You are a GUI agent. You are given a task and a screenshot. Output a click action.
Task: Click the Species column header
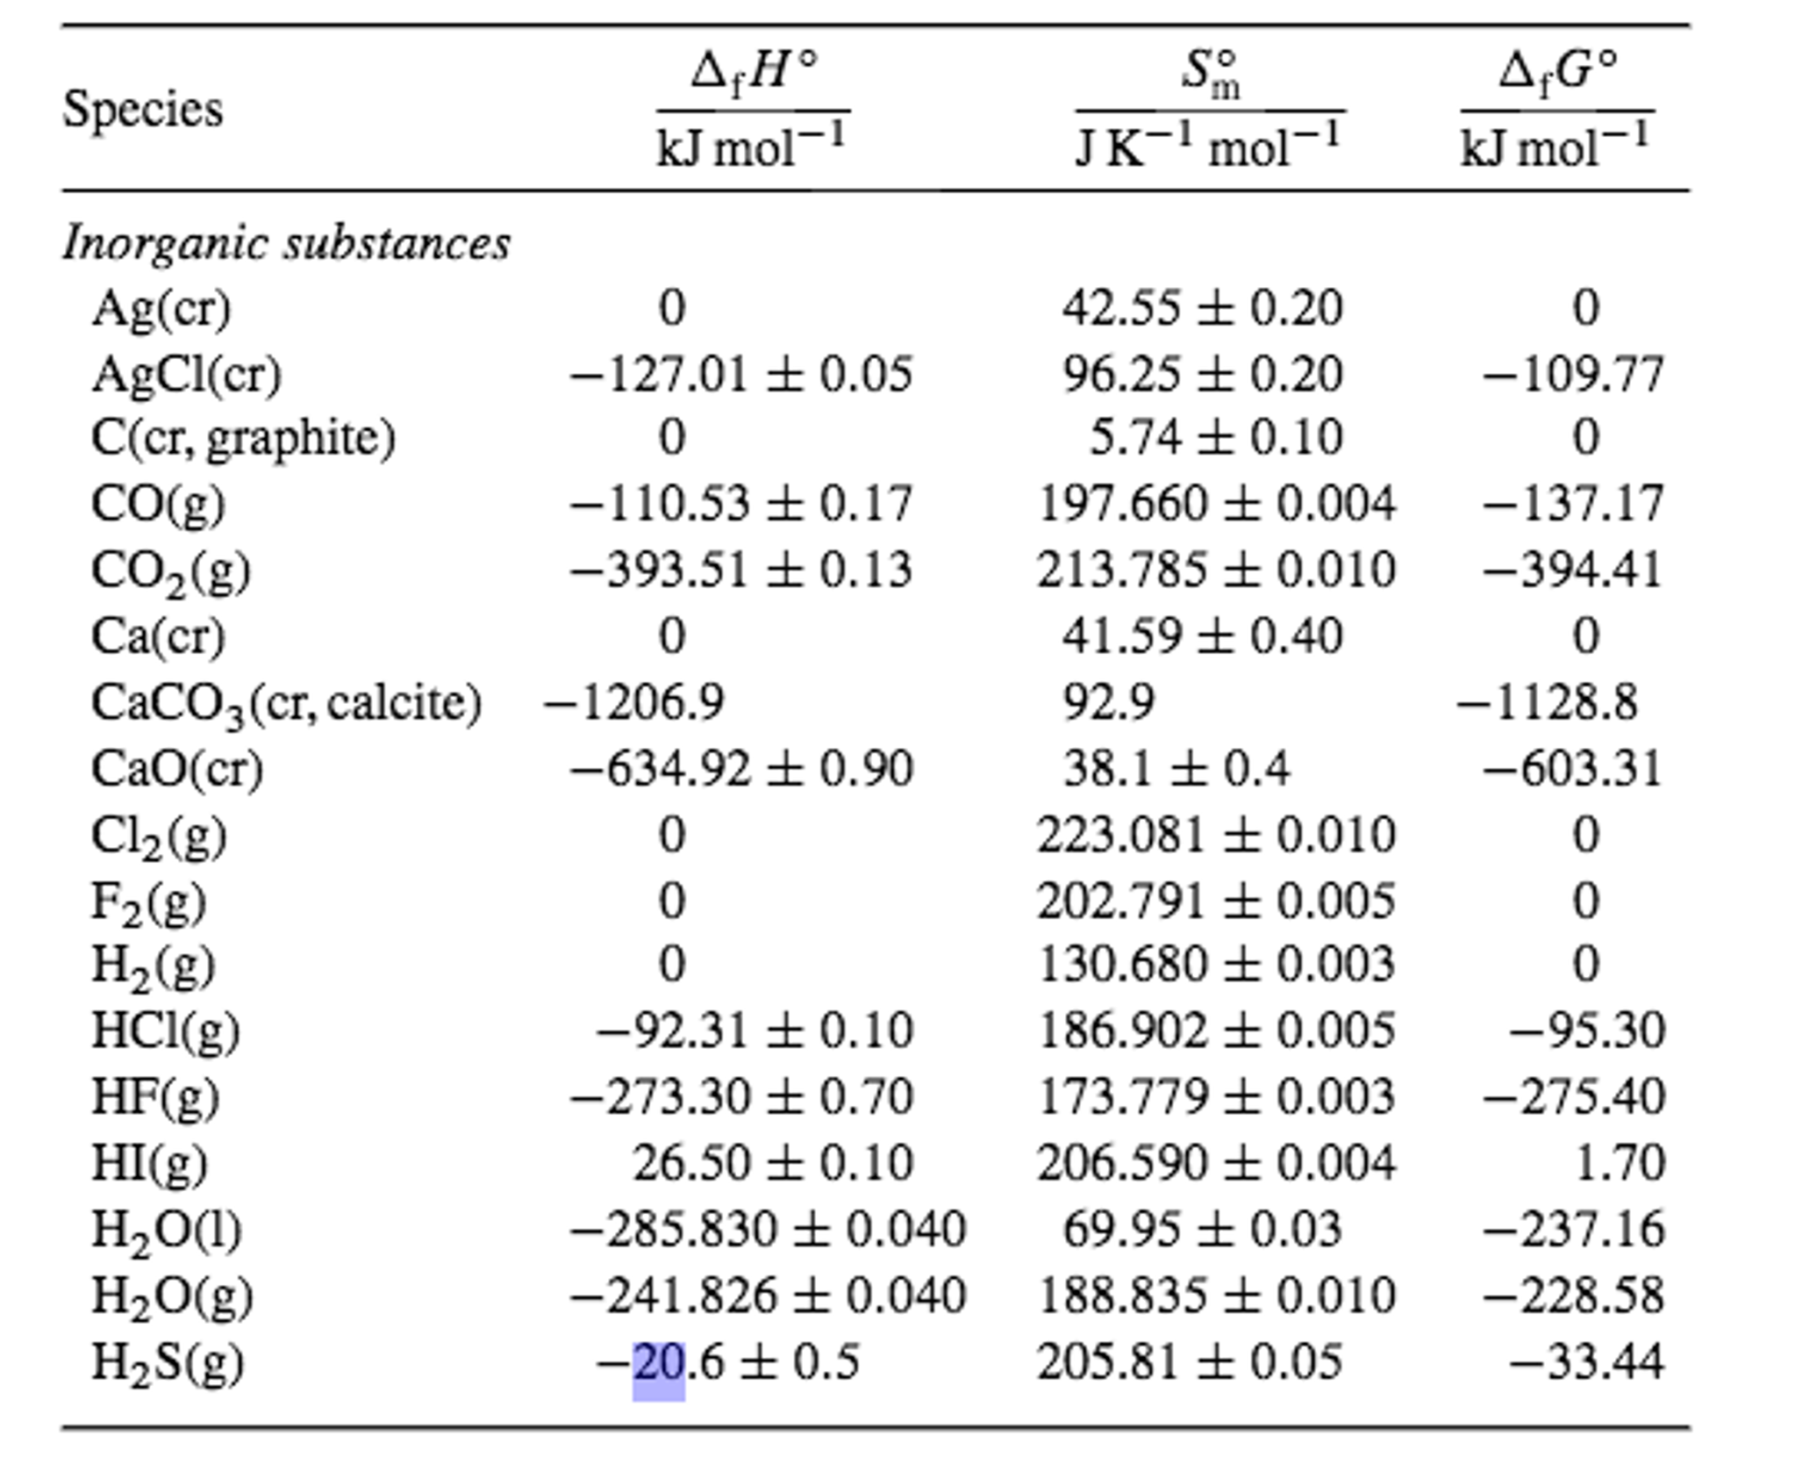point(142,111)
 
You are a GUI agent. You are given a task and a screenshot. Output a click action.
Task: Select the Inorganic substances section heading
point(286,243)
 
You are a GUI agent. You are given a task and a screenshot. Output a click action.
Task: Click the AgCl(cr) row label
point(186,374)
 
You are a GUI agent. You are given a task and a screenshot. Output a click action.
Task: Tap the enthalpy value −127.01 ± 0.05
point(741,374)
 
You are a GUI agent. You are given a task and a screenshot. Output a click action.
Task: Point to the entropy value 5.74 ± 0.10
point(1215,437)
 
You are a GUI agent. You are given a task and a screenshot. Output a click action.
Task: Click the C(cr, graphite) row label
point(243,437)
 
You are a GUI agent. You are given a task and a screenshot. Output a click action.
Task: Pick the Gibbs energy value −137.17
point(1572,504)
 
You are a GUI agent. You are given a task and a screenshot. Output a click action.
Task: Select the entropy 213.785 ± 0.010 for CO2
point(1215,570)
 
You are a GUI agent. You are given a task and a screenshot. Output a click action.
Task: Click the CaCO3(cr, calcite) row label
point(286,703)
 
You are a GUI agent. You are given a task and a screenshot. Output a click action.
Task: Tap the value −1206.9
point(633,702)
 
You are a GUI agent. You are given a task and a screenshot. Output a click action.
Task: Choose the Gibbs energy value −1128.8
point(1547,702)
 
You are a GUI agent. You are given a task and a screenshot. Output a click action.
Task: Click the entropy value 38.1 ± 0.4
point(1176,769)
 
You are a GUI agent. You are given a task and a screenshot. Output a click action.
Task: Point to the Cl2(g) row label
point(159,836)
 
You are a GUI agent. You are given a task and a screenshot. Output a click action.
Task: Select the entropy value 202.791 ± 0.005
point(1215,901)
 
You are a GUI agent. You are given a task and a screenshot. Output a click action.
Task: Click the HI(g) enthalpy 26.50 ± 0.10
point(772,1163)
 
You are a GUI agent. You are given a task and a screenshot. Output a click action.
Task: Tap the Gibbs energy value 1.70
point(1620,1163)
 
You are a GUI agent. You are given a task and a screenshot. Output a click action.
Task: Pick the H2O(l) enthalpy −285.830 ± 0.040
point(768,1229)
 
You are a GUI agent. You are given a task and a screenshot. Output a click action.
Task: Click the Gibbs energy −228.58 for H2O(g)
point(1572,1296)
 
